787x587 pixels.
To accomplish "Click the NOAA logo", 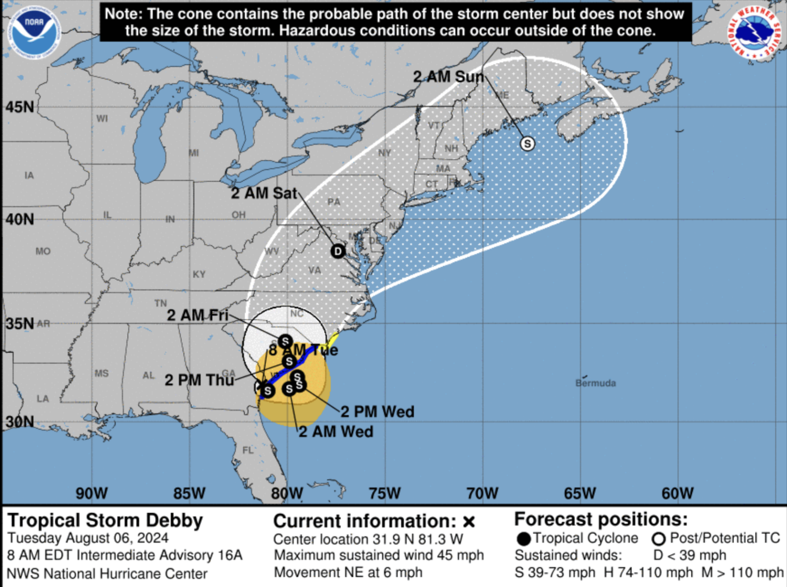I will pyautogui.click(x=33, y=33).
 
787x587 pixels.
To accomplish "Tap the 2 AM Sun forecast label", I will pyautogui.click(x=448, y=77).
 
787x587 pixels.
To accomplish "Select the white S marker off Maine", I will pyautogui.click(x=527, y=143).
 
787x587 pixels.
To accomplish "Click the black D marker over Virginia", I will pyautogui.click(x=338, y=251).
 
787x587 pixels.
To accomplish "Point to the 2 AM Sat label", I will pyautogui.click(x=264, y=193).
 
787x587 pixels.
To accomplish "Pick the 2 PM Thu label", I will pyautogui.click(x=199, y=380).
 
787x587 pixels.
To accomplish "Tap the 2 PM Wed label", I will pyautogui.click(x=377, y=411).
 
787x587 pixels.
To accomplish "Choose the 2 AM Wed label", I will pyautogui.click(x=336, y=432).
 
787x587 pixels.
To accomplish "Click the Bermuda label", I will pyautogui.click(x=595, y=383).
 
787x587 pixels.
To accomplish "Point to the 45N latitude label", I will pyautogui.click(x=20, y=107).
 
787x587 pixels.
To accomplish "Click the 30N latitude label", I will pyautogui.click(x=20, y=421).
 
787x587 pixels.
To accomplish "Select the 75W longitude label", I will pyautogui.click(x=385, y=493).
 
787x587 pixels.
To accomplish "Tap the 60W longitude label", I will pyautogui.click(x=678, y=493).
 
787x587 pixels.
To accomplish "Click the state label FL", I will pyautogui.click(x=248, y=450).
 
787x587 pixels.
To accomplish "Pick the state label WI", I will pyautogui.click(x=102, y=119).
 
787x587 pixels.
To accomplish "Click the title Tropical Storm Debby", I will pyautogui.click(x=105, y=520).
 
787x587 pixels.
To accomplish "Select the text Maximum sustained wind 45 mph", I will pyautogui.click(x=379, y=555).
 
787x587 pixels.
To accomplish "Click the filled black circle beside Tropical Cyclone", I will pyautogui.click(x=523, y=539).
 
